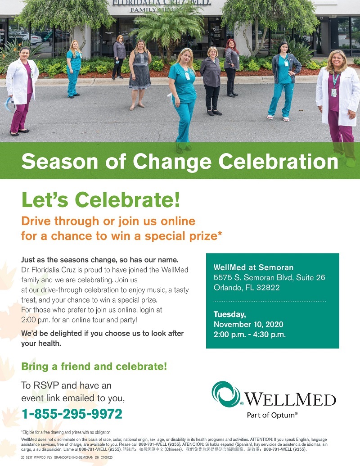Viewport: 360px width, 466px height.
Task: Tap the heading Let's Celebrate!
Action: pyautogui.click(x=101, y=200)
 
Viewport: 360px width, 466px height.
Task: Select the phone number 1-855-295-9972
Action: pyautogui.click(x=72, y=413)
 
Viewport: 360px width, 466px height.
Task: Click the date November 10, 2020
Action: pyautogui.click(x=248, y=324)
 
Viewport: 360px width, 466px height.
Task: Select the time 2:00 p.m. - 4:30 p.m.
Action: pyautogui.click(x=250, y=334)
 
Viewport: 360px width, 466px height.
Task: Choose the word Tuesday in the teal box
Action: pyautogui.click(x=229, y=314)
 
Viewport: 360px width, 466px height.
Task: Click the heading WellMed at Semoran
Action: pyautogui.click(x=247, y=267)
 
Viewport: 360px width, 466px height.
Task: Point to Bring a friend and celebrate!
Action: pyautogui.click(x=94, y=366)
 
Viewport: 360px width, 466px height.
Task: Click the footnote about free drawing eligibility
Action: pyautogui.click(x=66, y=432)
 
